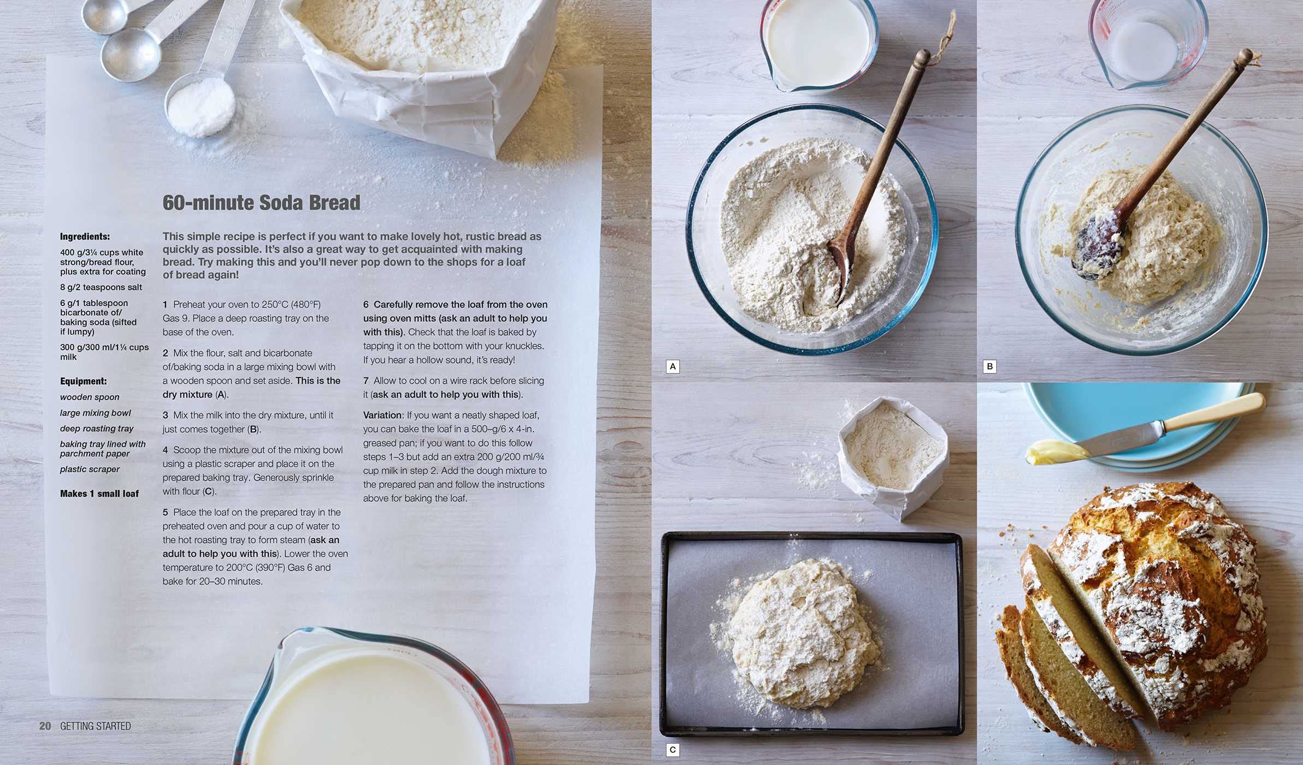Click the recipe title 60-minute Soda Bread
261,203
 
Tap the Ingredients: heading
85,237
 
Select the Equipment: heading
83,381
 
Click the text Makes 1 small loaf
99,493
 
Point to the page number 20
45,726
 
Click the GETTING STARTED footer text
96,726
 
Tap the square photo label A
673,367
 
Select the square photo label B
989,367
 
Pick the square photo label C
673,750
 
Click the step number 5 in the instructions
165,513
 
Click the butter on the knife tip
1054,452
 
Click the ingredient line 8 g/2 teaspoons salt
101,287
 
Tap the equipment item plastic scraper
90,469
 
